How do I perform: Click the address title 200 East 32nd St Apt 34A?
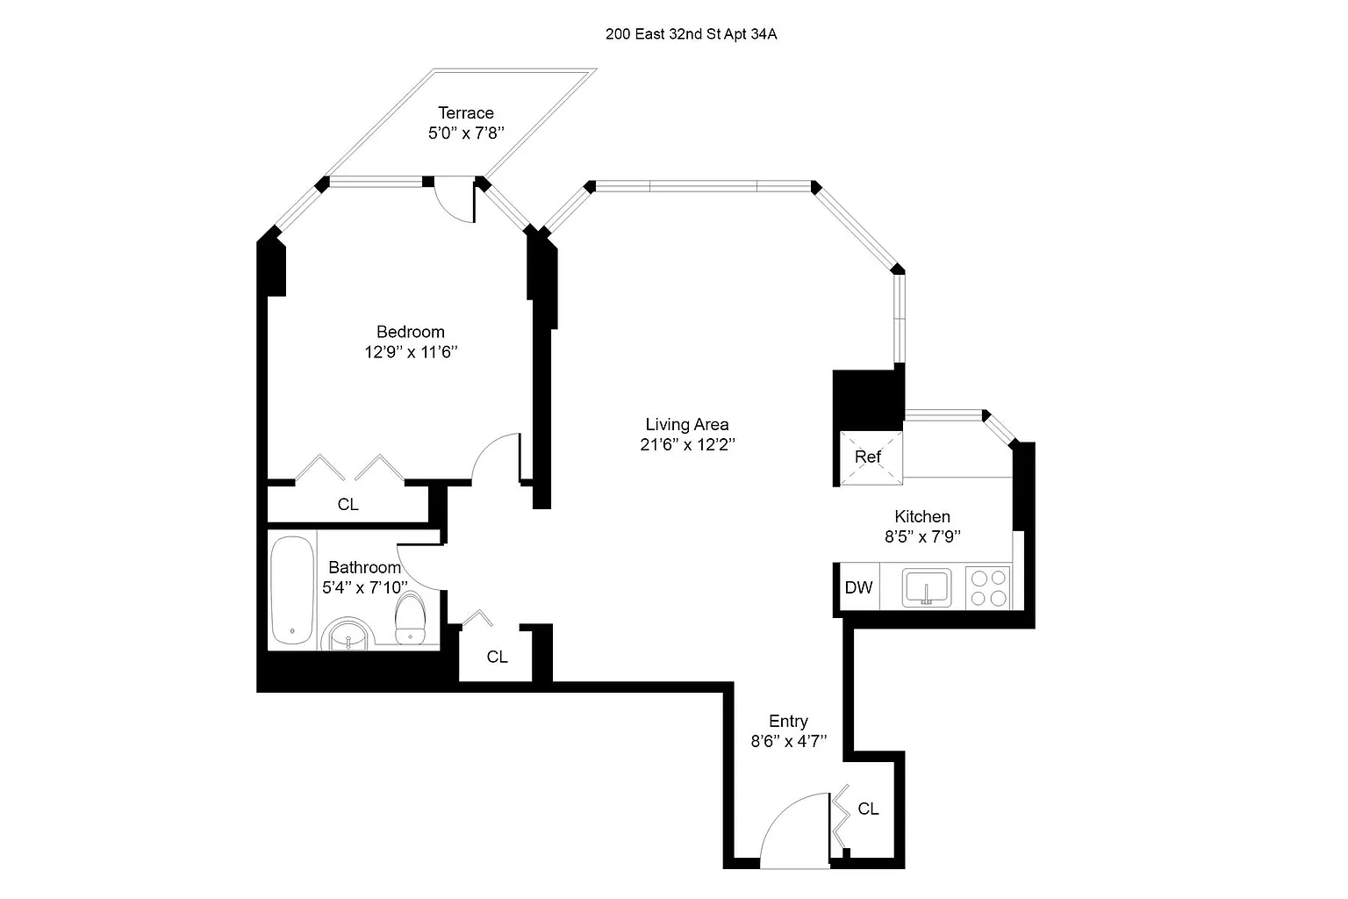tap(691, 35)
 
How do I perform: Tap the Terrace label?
tap(466, 113)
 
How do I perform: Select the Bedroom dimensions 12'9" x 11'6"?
tap(412, 353)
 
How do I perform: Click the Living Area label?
tap(686, 424)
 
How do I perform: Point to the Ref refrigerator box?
tap(868, 457)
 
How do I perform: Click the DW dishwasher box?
tap(858, 587)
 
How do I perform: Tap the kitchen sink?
tap(927, 587)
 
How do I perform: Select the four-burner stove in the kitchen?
tap(988, 587)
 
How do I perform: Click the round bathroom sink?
tap(348, 635)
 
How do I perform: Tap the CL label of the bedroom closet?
tap(348, 505)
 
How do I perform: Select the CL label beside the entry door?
tap(868, 809)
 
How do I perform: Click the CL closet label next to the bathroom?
tap(497, 657)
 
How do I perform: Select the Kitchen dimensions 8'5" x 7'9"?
tap(922, 537)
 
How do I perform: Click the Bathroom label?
tap(364, 568)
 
